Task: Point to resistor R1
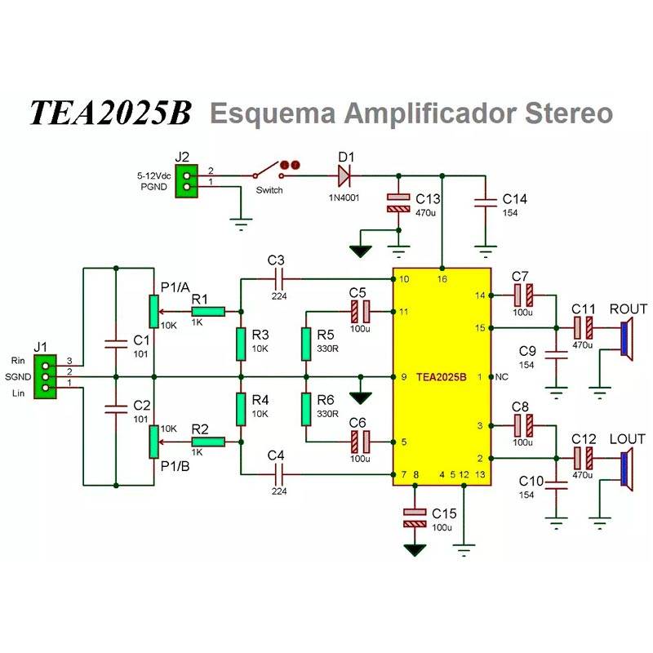point(208,312)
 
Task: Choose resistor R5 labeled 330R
point(306,344)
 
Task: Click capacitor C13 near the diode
point(398,203)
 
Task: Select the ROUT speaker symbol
point(627,340)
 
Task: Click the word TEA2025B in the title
point(110,113)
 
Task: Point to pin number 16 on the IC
point(442,279)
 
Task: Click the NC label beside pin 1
point(500,377)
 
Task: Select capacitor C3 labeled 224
point(278,278)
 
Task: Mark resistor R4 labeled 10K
point(241,409)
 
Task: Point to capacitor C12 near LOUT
point(583,458)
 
